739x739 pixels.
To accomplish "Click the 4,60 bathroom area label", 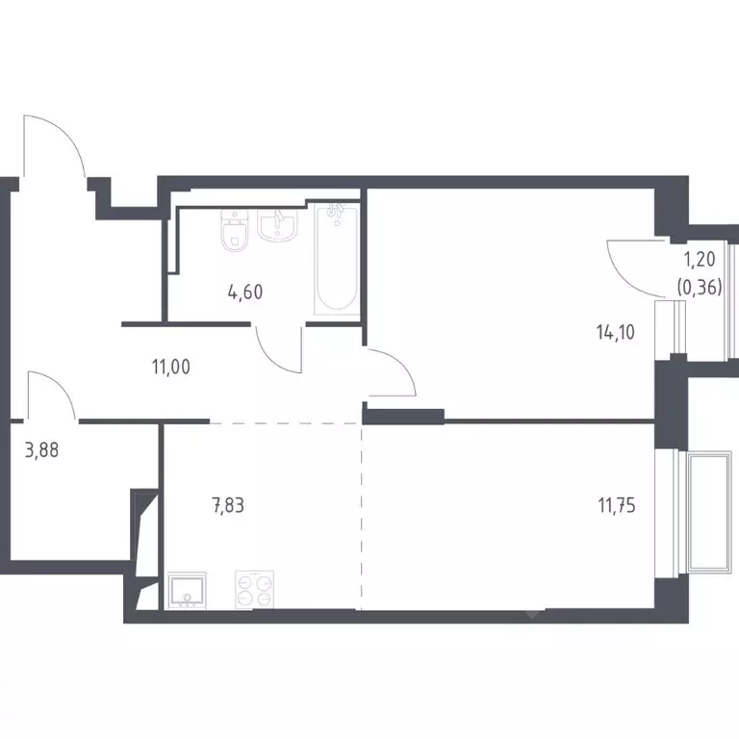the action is point(245,293).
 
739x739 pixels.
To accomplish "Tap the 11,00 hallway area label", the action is point(171,367).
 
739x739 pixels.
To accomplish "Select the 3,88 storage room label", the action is point(41,450).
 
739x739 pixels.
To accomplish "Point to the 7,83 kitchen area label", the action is point(228,505).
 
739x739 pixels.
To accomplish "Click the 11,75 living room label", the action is point(617,505).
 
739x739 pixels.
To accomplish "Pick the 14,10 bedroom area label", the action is point(616,332).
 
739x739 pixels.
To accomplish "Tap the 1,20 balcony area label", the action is point(700,259).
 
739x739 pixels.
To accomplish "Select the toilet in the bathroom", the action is point(234,231).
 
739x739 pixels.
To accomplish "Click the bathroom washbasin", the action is point(277,225).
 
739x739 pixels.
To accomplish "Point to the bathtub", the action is point(337,259).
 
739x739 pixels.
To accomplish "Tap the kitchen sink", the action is point(187,591).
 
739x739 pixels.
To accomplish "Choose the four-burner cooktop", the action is point(254,590).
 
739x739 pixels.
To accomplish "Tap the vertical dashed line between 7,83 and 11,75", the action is point(362,516).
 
